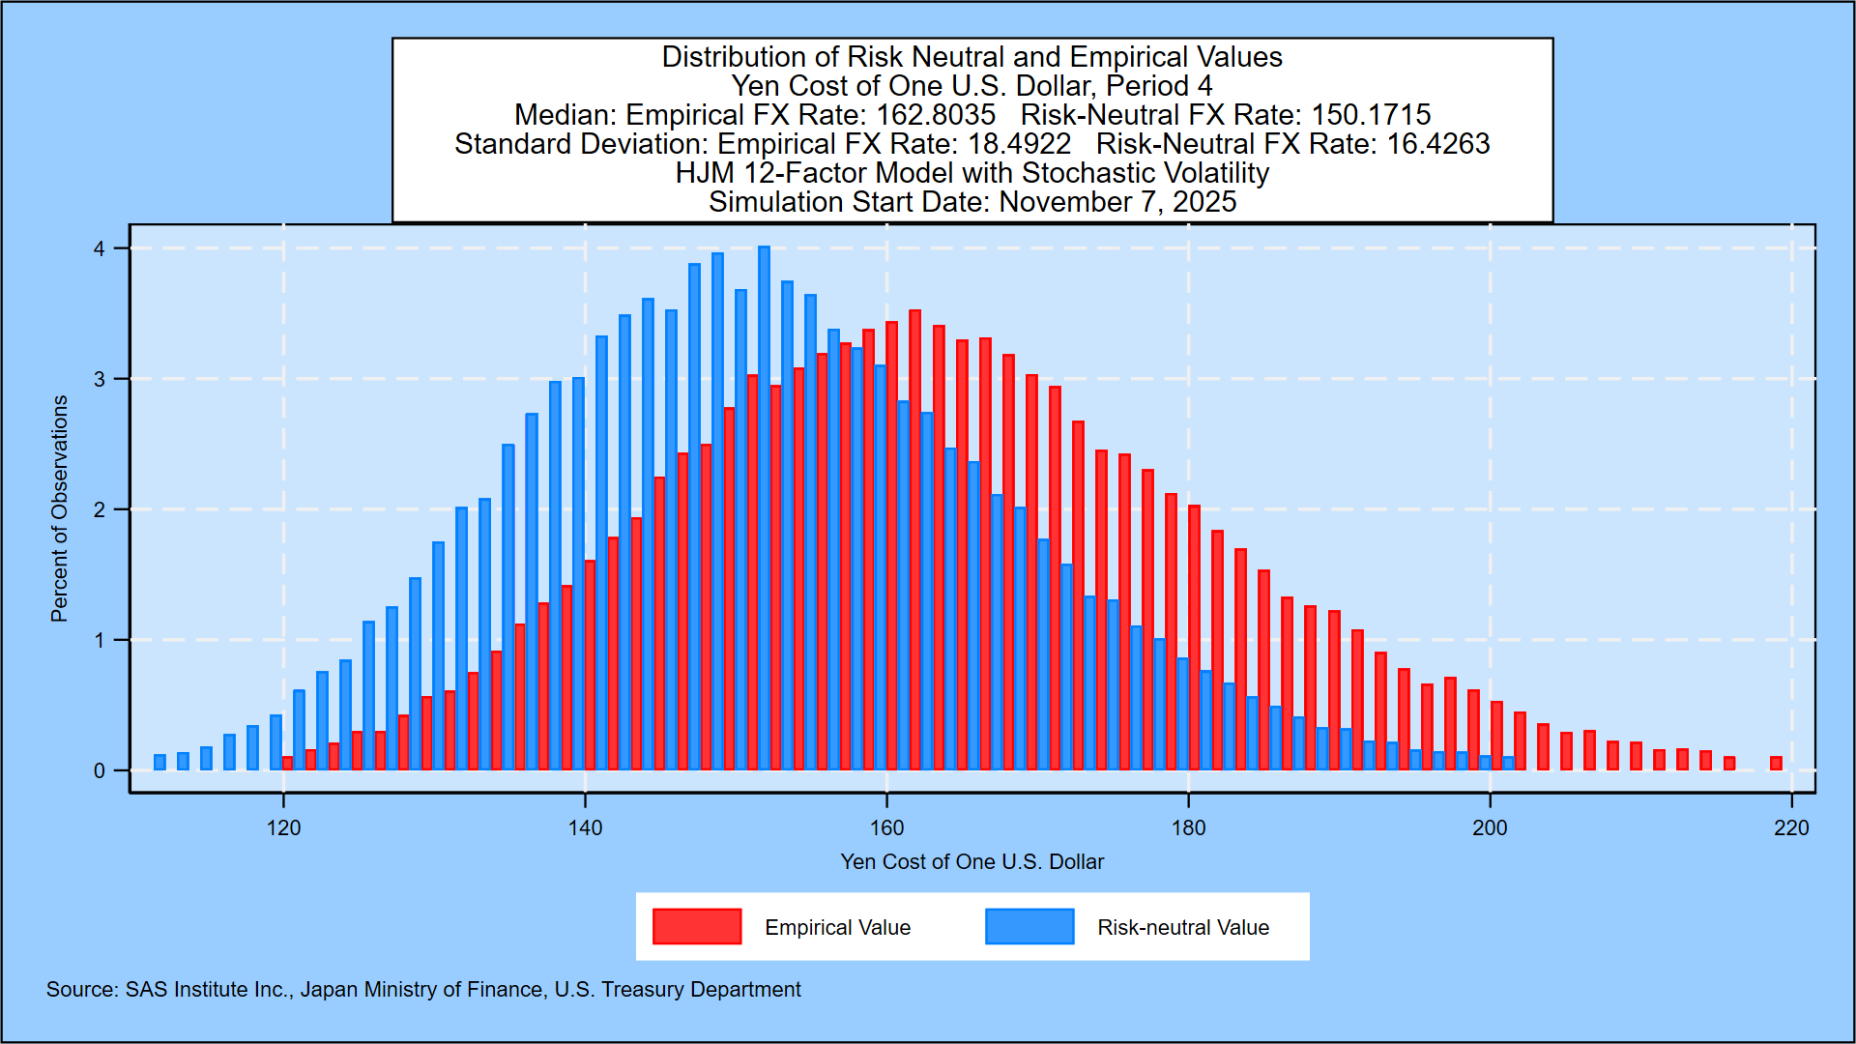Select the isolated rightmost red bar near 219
click(1776, 763)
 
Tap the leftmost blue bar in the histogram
click(159, 762)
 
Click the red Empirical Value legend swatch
click(697, 926)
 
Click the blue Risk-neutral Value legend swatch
click(1029, 926)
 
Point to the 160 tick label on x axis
click(886, 828)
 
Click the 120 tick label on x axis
click(283, 828)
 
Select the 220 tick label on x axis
click(1791, 828)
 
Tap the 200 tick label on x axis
click(1490, 828)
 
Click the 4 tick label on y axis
click(99, 249)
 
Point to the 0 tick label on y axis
click(99, 771)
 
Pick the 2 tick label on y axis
click(99, 510)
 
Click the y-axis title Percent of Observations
click(60, 508)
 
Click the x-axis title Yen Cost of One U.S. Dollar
click(971, 861)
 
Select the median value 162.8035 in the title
click(935, 115)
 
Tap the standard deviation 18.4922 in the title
click(1015, 144)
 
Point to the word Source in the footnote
click(81, 990)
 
